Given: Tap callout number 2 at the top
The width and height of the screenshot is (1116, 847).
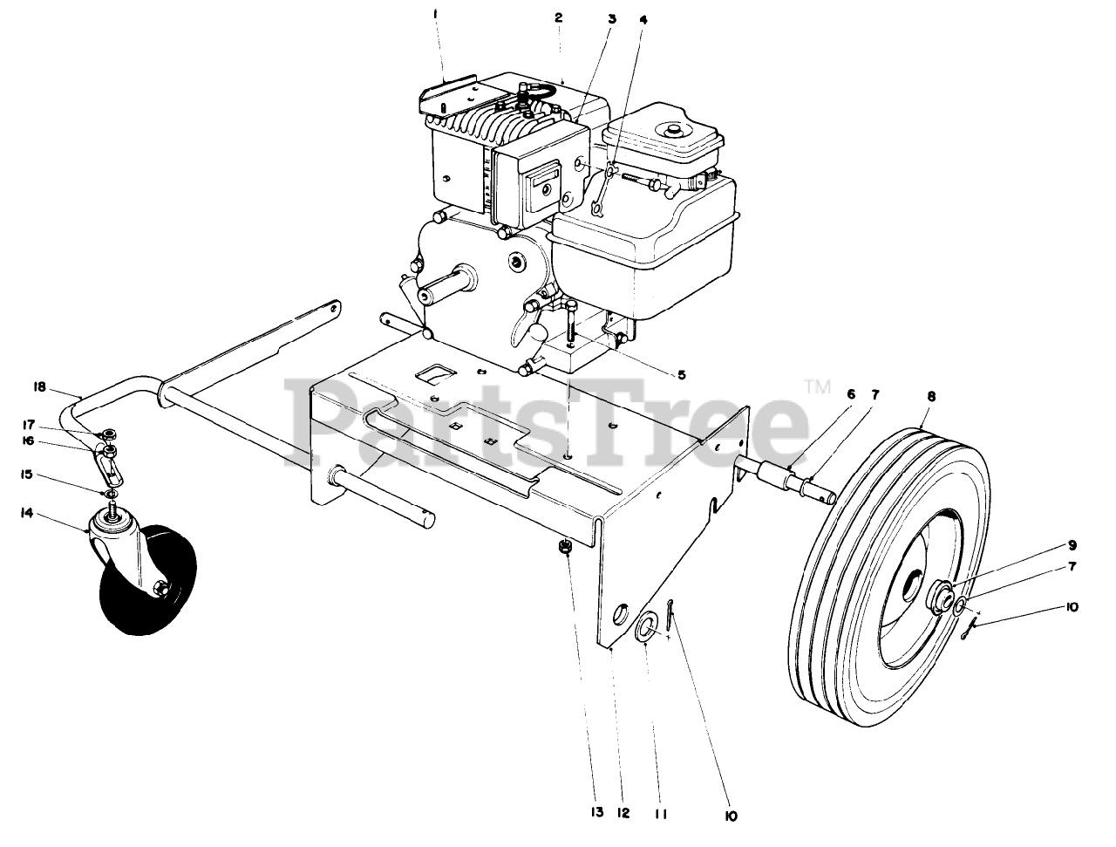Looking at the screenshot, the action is (559, 17).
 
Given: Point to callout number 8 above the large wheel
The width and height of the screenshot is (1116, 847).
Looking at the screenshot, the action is (931, 396).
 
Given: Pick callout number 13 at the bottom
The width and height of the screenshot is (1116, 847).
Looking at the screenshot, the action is (595, 813).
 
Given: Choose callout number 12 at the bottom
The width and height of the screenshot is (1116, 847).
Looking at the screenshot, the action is (621, 813).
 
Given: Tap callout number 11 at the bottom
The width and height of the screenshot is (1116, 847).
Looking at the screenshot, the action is (660, 813).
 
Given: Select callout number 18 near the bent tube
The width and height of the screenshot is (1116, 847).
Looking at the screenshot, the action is (39, 386).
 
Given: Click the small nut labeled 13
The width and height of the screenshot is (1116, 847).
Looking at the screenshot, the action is (564, 547).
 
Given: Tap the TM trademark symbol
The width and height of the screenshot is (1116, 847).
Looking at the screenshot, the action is (817, 386).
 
